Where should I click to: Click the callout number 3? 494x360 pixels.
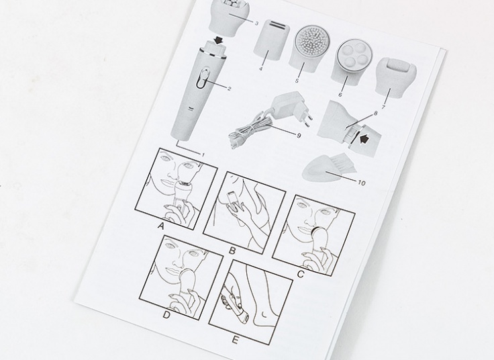pos(256,24)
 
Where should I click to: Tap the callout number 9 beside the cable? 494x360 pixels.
pos(299,136)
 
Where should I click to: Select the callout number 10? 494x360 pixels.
pos(362,183)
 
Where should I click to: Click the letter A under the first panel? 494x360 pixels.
pos(161,226)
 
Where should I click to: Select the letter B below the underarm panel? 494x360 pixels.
pos(232,251)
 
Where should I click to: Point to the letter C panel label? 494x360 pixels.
pos(300,275)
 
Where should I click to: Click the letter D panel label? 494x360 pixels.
pos(166,314)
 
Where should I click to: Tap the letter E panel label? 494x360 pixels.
pos(235,340)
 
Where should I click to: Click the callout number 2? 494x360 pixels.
pos(229,89)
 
